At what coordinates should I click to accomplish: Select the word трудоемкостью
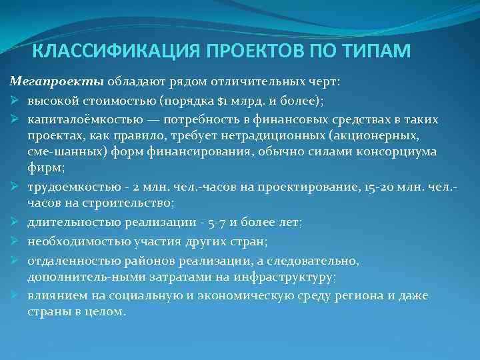pos(69,184)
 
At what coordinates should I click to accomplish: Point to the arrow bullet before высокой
pos(15,100)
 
